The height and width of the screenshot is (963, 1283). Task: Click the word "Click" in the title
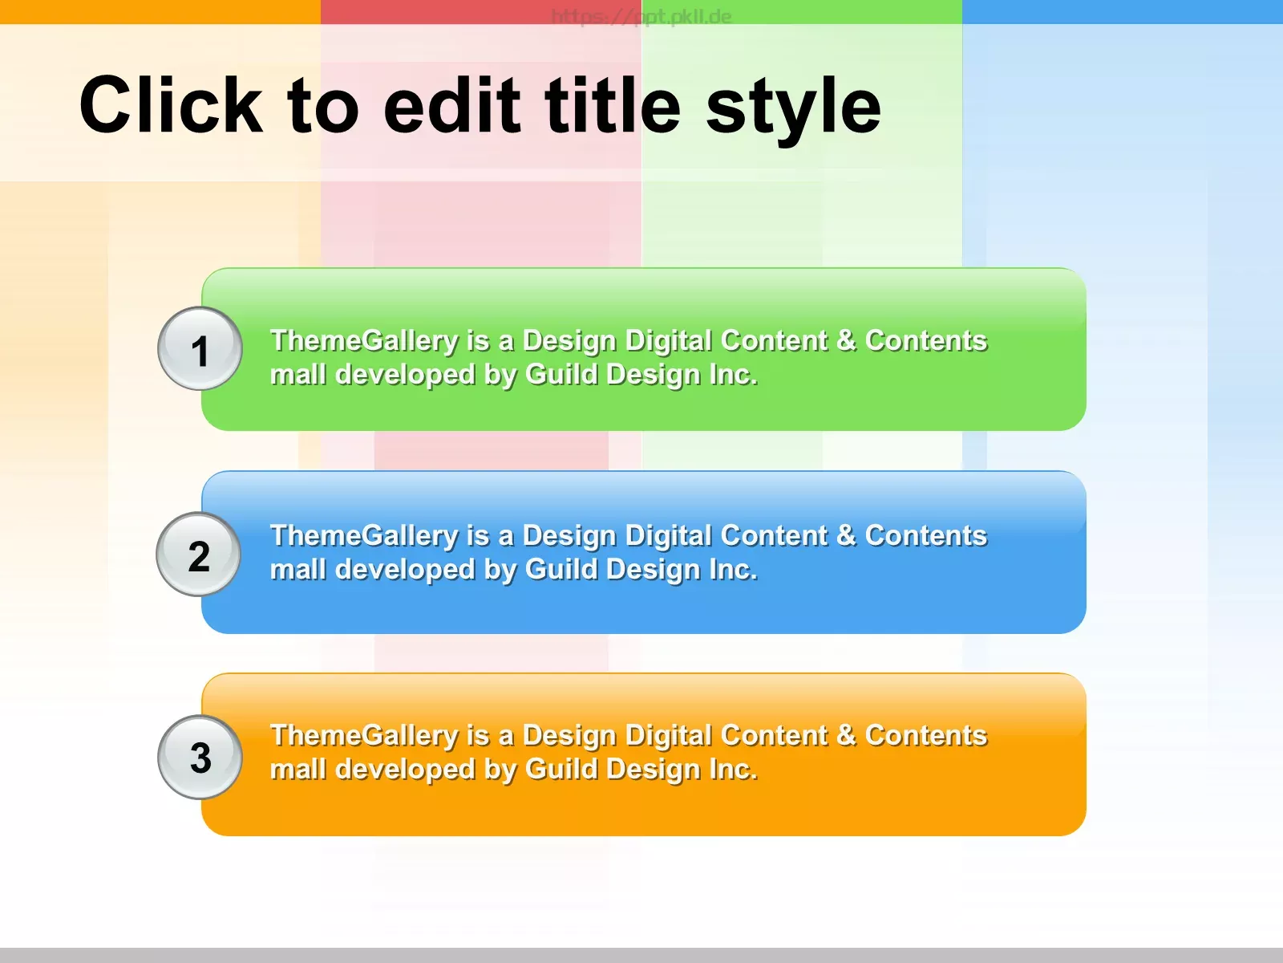point(172,105)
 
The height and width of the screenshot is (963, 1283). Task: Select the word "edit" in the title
point(451,105)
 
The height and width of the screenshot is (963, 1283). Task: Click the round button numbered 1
point(200,348)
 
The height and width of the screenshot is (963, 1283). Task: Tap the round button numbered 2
point(198,555)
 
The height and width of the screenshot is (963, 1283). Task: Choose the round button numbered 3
point(200,758)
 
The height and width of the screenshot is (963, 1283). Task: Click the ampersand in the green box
point(846,340)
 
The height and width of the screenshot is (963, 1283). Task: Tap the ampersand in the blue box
point(846,535)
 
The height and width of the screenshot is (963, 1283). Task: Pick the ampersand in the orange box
point(846,735)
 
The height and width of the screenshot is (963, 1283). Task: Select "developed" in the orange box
point(405,770)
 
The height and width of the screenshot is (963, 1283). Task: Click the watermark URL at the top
point(641,16)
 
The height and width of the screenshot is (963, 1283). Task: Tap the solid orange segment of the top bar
point(160,12)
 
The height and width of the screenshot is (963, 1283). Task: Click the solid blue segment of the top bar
point(1123,12)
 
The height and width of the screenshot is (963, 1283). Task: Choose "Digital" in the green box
point(668,342)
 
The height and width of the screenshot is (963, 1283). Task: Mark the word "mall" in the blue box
point(298,569)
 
